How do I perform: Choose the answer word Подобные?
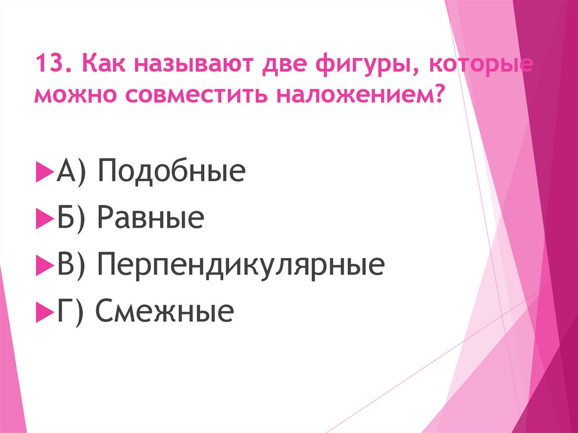tap(172, 171)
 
